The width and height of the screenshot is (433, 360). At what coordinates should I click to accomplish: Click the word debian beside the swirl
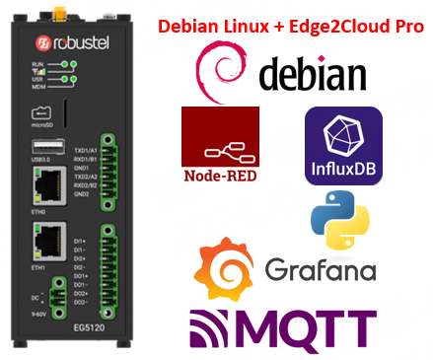[313, 75]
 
